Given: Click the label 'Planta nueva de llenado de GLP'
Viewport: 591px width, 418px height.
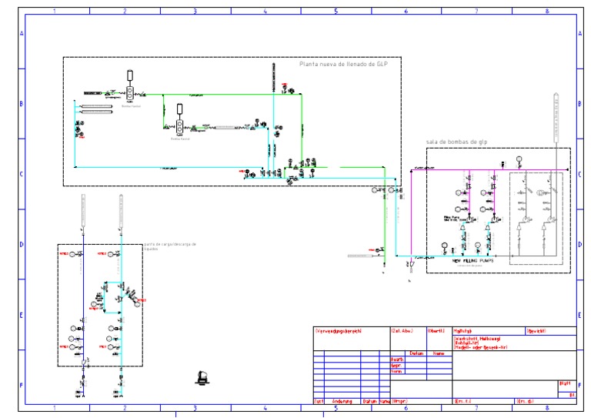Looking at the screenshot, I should [344, 64].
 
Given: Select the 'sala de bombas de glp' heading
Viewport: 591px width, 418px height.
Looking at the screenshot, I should [456, 142].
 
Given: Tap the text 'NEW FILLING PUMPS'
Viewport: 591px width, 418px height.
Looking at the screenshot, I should [472, 260].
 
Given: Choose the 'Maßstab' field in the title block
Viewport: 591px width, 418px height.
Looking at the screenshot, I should [462, 331].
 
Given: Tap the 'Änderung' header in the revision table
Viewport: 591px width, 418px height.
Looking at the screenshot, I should [342, 401].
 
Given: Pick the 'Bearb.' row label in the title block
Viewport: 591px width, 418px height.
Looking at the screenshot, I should [397, 359].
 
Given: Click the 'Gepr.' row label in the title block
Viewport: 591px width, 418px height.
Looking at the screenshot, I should [397, 366].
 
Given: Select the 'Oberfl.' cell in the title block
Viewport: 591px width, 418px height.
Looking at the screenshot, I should [436, 331].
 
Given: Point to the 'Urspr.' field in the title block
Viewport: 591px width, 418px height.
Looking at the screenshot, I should [399, 401].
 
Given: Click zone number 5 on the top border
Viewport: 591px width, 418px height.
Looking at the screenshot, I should [336, 12].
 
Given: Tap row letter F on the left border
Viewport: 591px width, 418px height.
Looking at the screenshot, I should [22, 386].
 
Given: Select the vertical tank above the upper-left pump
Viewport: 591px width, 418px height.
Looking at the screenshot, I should [130, 75].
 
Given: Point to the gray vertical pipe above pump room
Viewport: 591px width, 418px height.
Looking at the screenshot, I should [555, 115].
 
